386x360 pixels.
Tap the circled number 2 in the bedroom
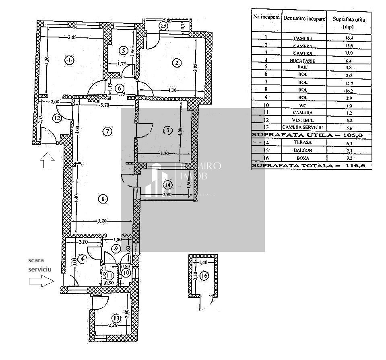176,62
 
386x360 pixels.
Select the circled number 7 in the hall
106,131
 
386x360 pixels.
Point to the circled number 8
103,198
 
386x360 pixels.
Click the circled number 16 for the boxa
204,276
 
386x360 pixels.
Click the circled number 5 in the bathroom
123,50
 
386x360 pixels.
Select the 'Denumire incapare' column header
304,19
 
